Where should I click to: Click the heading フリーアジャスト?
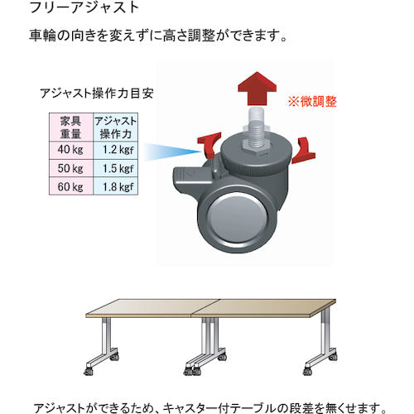click(x=84, y=7)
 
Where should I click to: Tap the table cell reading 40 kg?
click(x=71, y=150)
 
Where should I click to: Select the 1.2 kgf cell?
click(x=116, y=150)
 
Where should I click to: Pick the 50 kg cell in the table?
click(x=71, y=168)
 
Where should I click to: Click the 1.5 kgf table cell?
click(x=116, y=168)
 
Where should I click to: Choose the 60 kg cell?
click(x=71, y=186)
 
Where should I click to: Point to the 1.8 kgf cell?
click(x=116, y=186)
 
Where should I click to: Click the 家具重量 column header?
click(x=71, y=128)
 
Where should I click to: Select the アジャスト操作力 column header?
click(x=116, y=128)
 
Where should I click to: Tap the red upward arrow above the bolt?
click(x=258, y=89)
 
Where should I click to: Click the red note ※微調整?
click(x=312, y=102)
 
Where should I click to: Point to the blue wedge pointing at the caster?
click(x=171, y=152)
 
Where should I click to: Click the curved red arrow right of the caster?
click(x=304, y=152)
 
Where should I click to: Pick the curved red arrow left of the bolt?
click(x=210, y=145)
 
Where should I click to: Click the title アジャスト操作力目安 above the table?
click(x=97, y=94)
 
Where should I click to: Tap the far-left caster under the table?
click(x=89, y=371)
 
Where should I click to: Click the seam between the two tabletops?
click(x=205, y=307)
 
